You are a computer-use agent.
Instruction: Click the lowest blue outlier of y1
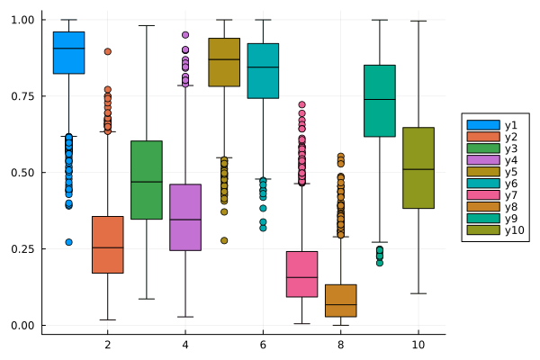point(68,242)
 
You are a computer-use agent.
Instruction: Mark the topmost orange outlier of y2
point(107,51)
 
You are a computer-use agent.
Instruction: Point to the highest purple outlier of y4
point(184,35)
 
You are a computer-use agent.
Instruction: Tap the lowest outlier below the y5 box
point(223,240)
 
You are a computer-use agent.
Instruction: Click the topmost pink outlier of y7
point(301,105)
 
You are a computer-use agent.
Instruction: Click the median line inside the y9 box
point(379,99)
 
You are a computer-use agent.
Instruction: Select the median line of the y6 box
point(262,67)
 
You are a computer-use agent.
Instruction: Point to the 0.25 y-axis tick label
point(22,249)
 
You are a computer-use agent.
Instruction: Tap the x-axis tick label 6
point(262,346)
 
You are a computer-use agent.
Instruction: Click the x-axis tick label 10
point(418,346)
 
